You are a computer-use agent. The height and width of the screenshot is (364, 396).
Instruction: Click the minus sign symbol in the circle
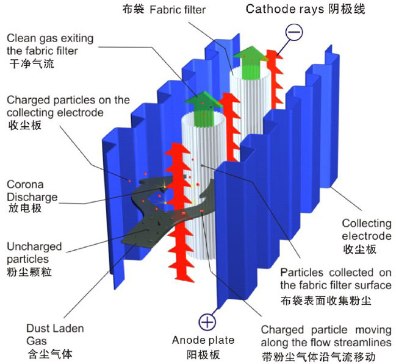click(293, 31)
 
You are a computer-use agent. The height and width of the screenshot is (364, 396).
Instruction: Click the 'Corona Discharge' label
click(32, 190)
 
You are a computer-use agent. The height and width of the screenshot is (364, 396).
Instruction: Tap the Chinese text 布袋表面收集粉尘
click(326, 300)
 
